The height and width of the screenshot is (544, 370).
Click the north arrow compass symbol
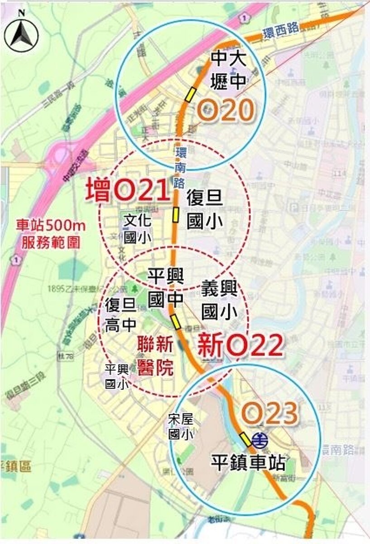21,34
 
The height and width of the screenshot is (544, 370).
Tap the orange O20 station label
226,110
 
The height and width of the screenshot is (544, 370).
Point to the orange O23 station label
270,413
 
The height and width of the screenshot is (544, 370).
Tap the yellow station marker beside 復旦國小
175,214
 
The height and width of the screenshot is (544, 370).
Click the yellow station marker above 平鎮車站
245,439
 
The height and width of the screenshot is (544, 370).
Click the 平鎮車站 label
248,463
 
